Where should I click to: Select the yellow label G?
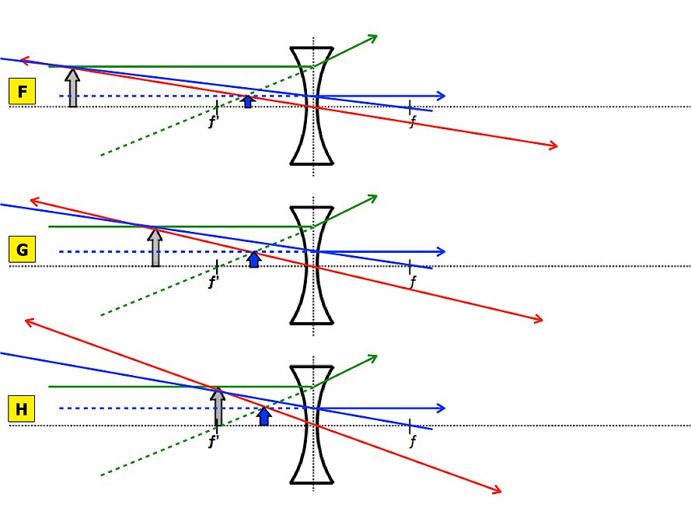pyautogui.click(x=22, y=250)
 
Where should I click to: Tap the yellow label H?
pyautogui.click(x=22, y=409)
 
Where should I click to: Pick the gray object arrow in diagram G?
pyautogui.click(x=155, y=247)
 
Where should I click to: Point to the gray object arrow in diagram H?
pyautogui.click(x=218, y=407)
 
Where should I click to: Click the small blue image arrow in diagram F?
pyautogui.click(x=248, y=101)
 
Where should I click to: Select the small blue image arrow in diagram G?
pyautogui.click(x=253, y=259)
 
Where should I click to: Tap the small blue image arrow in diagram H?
pyautogui.click(x=264, y=416)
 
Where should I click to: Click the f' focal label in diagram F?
pyautogui.click(x=213, y=122)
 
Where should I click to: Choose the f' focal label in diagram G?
pyautogui.click(x=213, y=282)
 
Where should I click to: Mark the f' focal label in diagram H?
pyautogui.click(x=213, y=441)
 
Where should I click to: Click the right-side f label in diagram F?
pyautogui.click(x=412, y=122)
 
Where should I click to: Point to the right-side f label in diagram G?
pyautogui.click(x=412, y=282)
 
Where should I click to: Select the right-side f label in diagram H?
pyautogui.click(x=412, y=441)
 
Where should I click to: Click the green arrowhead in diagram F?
pyautogui.click(x=373, y=37)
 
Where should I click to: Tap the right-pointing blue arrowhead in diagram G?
pyautogui.click(x=441, y=251)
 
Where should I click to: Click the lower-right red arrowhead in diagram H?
pyautogui.click(x=497, y=489)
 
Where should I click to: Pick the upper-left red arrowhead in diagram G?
pyautogui.click(x=33, y=202)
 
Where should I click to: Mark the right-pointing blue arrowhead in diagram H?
pyautogui.click(x=441, y=408)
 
